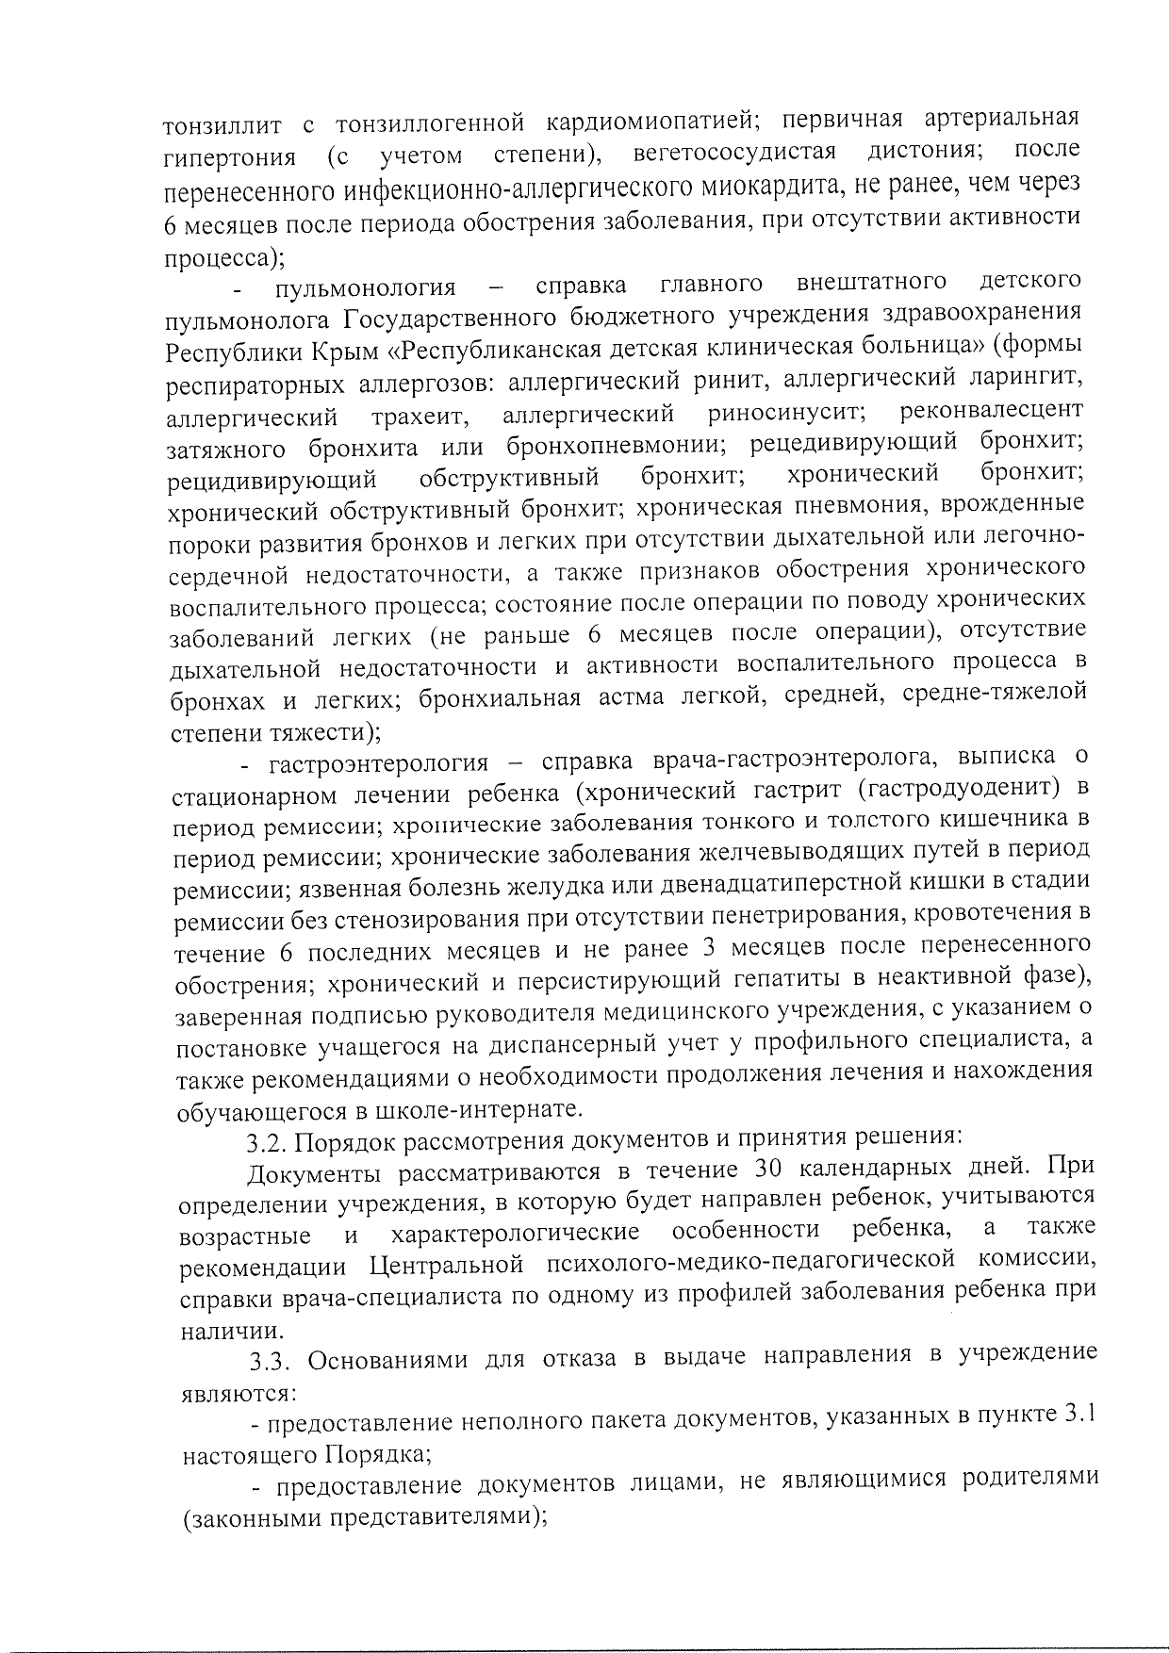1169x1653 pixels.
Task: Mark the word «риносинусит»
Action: point(786,413)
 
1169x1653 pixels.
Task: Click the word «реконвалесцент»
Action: point(992,411)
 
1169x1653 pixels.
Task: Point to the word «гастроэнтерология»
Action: point(378,762)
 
